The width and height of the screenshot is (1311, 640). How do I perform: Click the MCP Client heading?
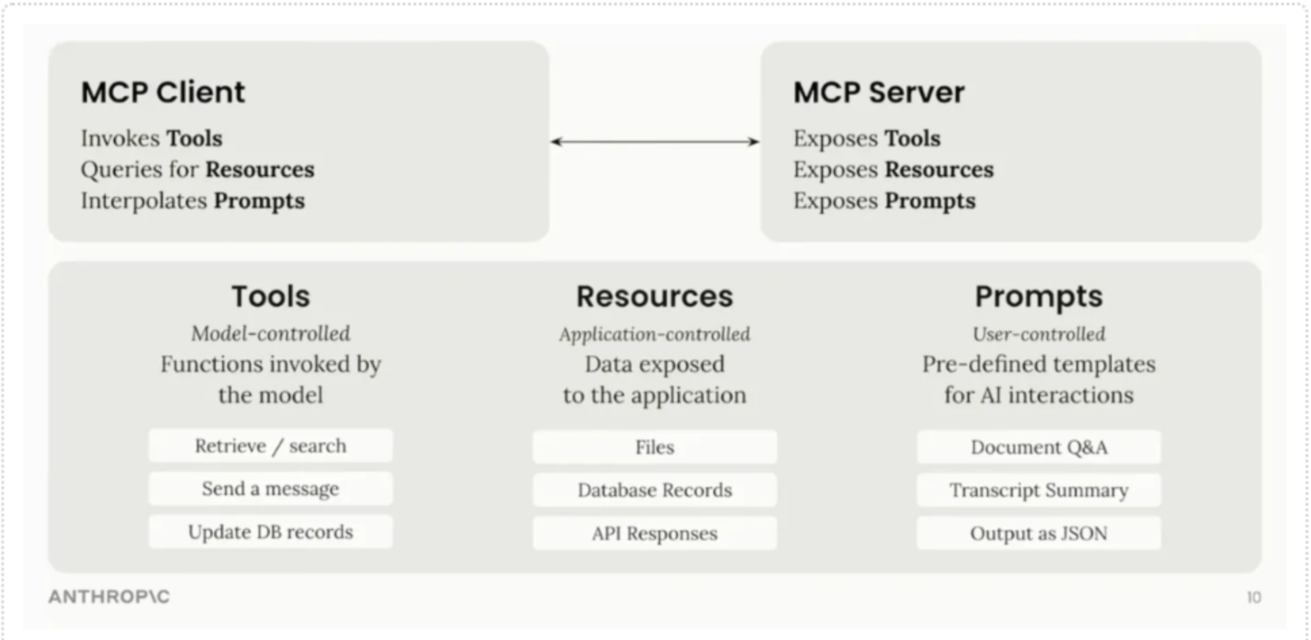click(163, 92)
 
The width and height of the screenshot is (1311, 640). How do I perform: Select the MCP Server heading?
click(879, 92)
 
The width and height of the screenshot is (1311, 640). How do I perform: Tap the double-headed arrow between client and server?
click(654, 142)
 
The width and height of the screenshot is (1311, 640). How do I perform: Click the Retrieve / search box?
click(270, 446)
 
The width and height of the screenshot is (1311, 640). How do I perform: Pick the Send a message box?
click(270, 489)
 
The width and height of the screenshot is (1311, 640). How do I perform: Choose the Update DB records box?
click(270, 532)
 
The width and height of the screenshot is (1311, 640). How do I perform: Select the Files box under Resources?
click(654, 447)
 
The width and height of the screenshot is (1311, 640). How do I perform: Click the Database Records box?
click(654, 490)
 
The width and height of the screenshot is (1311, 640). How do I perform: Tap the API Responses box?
click(654, 534)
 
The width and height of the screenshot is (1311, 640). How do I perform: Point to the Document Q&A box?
click(1038, 447)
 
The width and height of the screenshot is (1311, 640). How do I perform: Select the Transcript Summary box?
click(1038, 490)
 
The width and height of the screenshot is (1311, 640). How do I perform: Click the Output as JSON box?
click(1038, 534)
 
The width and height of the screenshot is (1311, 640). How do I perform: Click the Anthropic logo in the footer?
click(109, 597)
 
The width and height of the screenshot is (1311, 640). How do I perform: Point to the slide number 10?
click(1253, 597)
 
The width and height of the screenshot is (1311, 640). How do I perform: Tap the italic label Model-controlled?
click(270, 334)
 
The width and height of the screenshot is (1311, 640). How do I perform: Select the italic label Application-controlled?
click(654, 334)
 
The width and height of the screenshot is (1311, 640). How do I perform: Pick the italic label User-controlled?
click(1038, 334)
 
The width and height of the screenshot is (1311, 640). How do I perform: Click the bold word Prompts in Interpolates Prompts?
click(259, 201)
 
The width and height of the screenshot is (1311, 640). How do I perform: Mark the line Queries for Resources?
click(197, 169)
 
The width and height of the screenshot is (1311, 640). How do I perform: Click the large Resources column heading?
click(654, 297)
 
